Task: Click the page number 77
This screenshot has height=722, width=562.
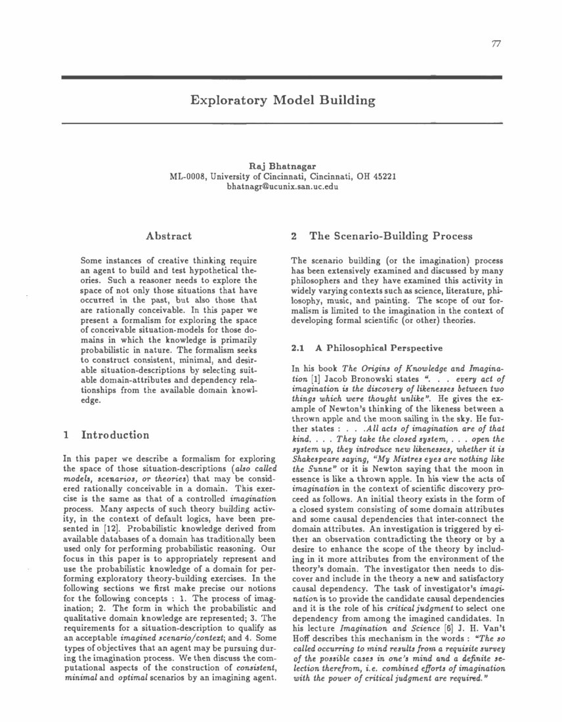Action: [496, 44]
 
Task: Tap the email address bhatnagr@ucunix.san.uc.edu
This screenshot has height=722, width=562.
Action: [282, 187]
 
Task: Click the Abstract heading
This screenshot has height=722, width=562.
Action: [168, 236]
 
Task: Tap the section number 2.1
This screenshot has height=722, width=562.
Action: [297, 348]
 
